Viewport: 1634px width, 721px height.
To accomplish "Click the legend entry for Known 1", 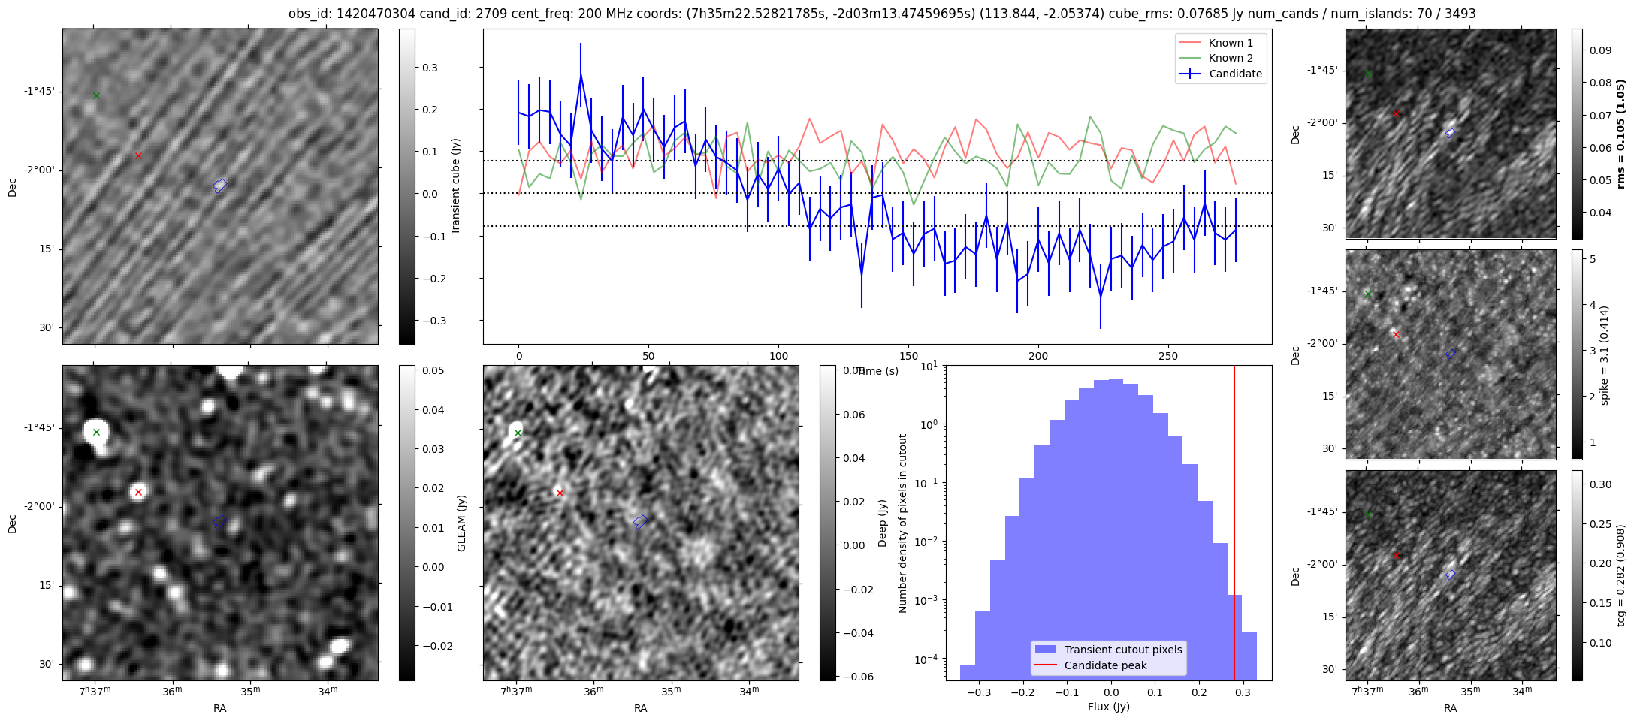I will pos(1230,43).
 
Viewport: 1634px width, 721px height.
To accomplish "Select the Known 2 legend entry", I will pos(1230,58).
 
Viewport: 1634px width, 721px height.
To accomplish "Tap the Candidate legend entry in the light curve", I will pos(1235,74).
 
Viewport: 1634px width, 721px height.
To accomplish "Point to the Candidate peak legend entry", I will pos(1105,665).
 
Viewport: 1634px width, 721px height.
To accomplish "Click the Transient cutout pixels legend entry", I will pos(1122,650).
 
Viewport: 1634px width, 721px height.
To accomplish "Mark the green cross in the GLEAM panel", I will pos(96,432).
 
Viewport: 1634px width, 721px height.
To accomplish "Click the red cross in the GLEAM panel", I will pos(138,493).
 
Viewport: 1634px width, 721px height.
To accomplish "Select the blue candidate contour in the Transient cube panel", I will pos(220,186).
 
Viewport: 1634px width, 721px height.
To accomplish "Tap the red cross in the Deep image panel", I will pos(560,493).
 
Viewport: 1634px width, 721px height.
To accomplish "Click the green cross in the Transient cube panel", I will pos(96,95).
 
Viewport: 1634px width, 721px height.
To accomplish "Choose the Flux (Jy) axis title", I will pos(1108,707).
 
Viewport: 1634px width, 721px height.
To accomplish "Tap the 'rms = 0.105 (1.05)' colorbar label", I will pos(1620,134).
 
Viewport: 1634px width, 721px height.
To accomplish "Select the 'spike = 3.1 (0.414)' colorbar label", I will pos(1604,354).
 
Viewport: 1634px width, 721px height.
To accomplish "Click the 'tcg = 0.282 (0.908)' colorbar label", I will pos(1620,575).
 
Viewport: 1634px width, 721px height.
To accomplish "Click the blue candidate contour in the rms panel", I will pos(1451,133).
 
